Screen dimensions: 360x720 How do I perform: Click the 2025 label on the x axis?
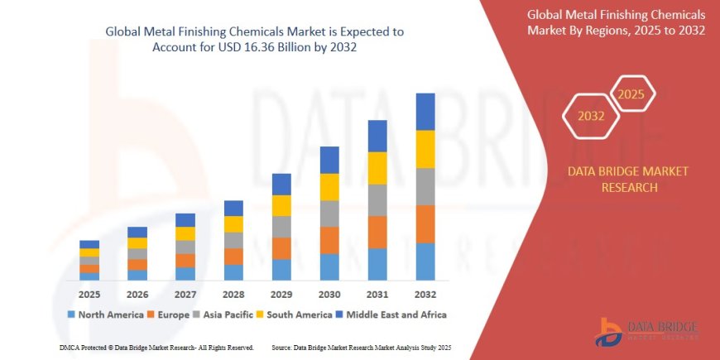tap(89, 294)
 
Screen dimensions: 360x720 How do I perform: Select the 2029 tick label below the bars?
tap(281, 294)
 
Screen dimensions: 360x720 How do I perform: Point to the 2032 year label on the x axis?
tap(425, 294)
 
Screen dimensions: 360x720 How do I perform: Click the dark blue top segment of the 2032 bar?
tap(425, 112)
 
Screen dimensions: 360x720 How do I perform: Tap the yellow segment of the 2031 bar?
tap(377, 168)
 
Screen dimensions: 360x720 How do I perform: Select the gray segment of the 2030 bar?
tap(329, 214)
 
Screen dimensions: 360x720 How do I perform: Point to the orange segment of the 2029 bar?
tap(281, 248)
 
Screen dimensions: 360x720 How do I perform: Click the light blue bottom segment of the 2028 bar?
tap(233, 272)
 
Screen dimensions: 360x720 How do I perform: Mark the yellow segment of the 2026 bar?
tap(137, 243)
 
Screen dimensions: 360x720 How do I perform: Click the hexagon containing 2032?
tap(591, 117)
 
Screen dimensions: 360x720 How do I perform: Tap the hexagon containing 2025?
tap(632, 93)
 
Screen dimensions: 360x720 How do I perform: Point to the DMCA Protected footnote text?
tap(156, 347)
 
